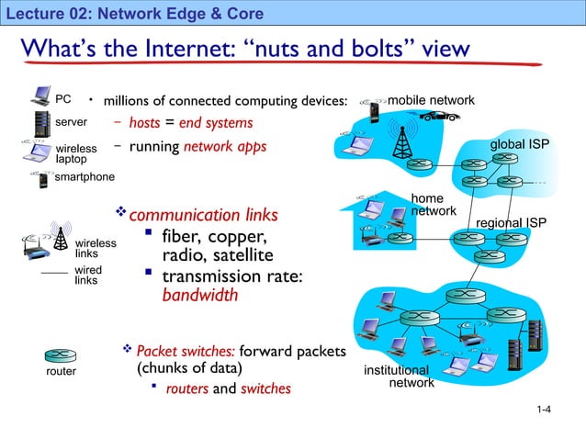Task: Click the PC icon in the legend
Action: [x=40, y=96]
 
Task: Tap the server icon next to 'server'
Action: [x=40, y=122]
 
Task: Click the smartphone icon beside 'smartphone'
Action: [x=43, y=179]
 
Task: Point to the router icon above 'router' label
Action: [x=61, y=355]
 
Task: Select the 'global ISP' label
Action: [x=519, y=145]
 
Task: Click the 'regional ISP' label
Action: [x=512, y=223]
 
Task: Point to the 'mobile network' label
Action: [x=431, y=99]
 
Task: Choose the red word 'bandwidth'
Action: [x=199, y=297]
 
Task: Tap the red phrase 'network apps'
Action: [x=225, y=147]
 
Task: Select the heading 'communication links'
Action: [x=203, y=215]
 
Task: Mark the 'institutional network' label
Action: [x=398, y=376]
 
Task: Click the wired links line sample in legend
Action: [x=56, y=275]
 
